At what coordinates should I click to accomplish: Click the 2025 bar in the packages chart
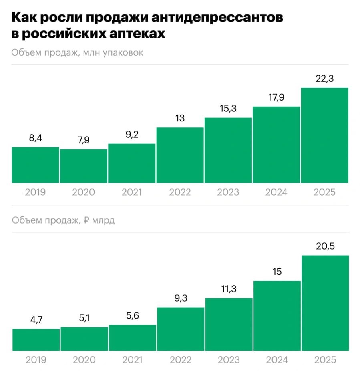point(324,135)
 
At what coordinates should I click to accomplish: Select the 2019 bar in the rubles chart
point(36,340)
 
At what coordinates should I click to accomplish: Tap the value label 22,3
point(324,79)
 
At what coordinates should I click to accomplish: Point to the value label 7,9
point(84,141)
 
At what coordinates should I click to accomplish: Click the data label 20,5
point(325,247)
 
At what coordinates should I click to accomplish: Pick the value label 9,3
point(181,298)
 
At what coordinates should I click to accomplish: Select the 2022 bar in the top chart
point(180,155)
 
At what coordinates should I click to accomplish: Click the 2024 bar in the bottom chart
point(277,316)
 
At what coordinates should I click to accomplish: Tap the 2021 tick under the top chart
point(132,192)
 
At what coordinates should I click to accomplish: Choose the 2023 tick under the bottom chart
point(229,360)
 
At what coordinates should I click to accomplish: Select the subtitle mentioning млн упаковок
point(77,53)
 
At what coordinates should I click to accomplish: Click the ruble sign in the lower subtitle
point(87,220)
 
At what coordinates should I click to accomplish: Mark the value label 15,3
point(228,109)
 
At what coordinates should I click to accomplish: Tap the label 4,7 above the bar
point(36,321)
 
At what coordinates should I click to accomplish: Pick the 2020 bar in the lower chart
point(84,339)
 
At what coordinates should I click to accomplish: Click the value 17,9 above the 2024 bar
point(276,98)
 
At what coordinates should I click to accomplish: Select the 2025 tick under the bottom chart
point(325,360)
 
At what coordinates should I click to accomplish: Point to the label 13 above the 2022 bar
point(180,119)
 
